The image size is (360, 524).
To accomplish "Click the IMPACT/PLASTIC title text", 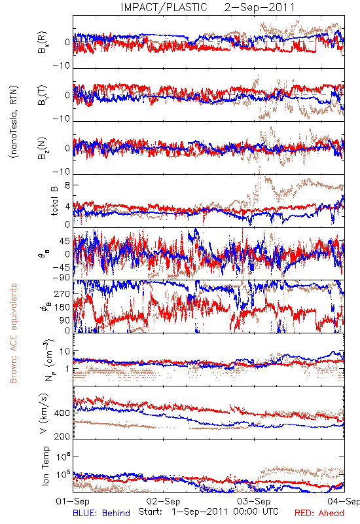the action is pyautogui.click(x=164, y=7).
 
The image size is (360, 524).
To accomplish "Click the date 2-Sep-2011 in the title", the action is pyautogui.click(x=259, y=7).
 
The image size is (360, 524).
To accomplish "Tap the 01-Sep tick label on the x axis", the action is pyautogui.click(x=73, y=501).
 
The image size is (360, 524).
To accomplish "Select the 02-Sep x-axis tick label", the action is pyautogui.click(x=163, y=501).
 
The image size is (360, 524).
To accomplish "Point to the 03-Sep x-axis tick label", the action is pyautogui.click(x=254, y=501).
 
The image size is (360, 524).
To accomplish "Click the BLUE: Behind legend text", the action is pyautogui.click(x=101, y=513).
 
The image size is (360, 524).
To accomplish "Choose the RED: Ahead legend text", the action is pyautogui.click(x=319, y=513).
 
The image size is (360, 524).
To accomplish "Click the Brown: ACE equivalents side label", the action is pyautogui.click(x=13, y=333).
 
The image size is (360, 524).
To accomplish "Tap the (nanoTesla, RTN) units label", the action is pyautogui.click(x=14, y=122).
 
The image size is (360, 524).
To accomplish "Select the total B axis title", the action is pyautogui.click(x=54, y=200).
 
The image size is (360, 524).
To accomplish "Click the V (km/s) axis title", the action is pyautogui.click(x=44, y=413).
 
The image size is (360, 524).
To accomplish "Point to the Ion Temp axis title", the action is pyautogui.click(x=45, y=466).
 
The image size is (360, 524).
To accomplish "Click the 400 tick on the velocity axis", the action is pyautogui.click(x=62, y=413).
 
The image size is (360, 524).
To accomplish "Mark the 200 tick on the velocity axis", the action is pyautogui.click(x=62, y=436).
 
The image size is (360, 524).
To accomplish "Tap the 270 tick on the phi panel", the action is pyautogui.click(x=62, y=294).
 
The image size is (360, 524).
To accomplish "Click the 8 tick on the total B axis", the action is pyautogui.click(x=67, y=185).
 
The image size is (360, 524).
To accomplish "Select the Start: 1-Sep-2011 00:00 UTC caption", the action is pyautogui.click(x=208, y=512).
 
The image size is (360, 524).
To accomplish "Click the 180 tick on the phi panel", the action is pyautogui.click(x=62, y=307).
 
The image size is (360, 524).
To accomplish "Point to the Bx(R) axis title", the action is pyautogui.click(x=43, y=43).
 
